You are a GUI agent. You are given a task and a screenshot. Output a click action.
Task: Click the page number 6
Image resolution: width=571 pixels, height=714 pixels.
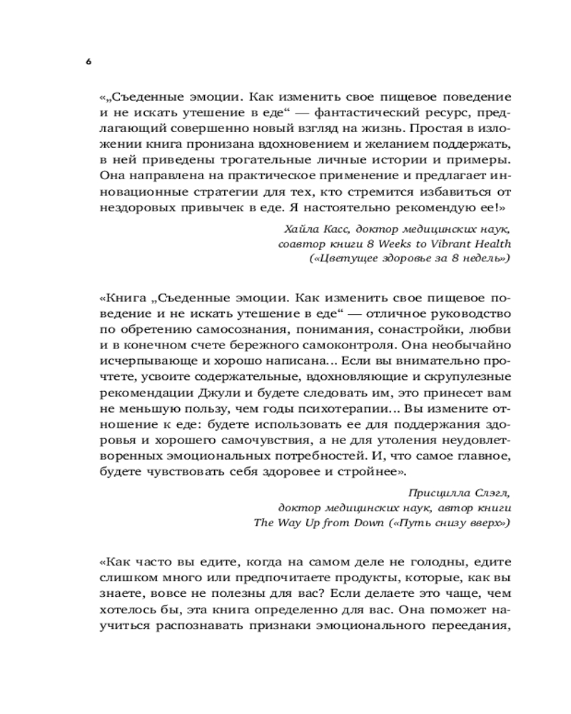click(89, 62)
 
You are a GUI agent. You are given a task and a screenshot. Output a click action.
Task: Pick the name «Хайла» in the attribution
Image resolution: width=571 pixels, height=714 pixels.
click(303, 228)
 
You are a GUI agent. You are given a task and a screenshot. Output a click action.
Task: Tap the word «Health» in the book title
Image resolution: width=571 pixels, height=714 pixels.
click(490, 243)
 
